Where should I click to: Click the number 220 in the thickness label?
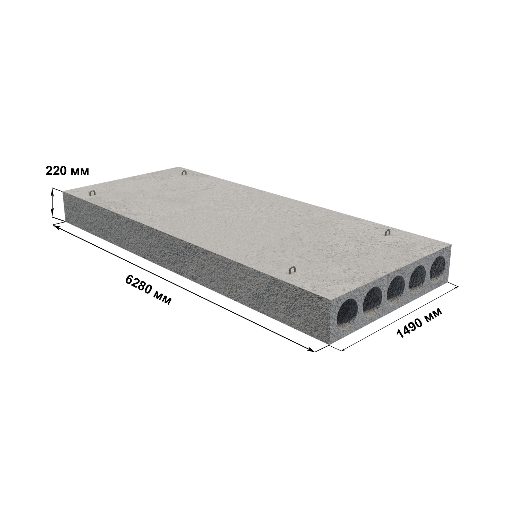pyautogui.click(x=56, y=171)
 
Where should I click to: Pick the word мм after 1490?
pyautogui.click(x=432, y=315)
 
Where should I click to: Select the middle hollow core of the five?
pyautogui.click(x=396, y=288)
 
